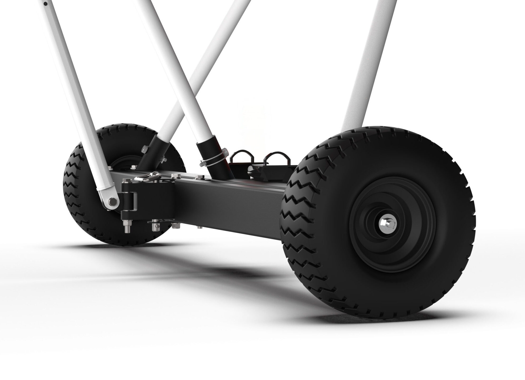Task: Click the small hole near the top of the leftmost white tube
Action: pyautogui.click(x=46, y=4)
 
